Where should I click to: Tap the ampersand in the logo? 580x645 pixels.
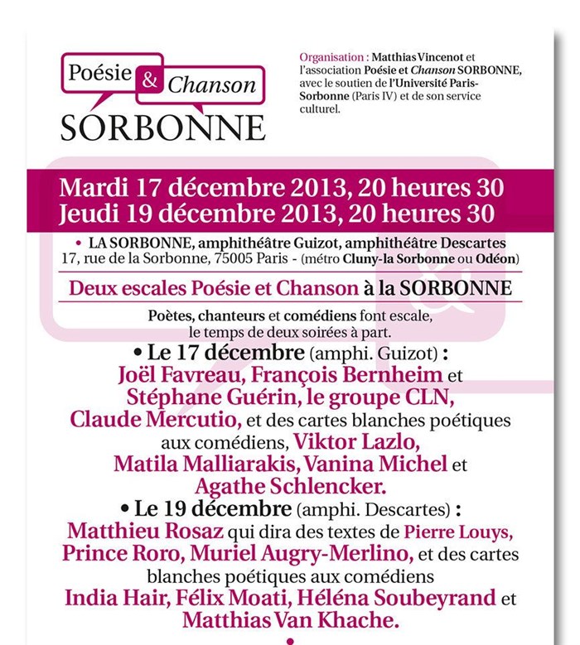point(149,80)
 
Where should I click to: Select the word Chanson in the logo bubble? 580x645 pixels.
point(211,84)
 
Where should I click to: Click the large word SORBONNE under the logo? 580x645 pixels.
point(162,126)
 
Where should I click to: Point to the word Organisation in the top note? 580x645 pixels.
point(331,58)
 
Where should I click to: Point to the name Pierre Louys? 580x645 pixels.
point(463,530)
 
